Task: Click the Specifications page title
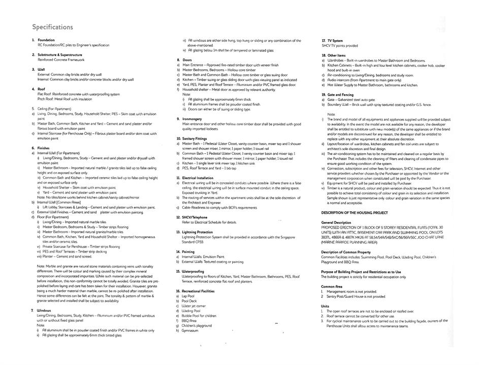coord(52,27)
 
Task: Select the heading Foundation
coord(46,40)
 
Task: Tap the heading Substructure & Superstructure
coord(60,54)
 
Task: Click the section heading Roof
coord(42,89)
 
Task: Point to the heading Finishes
coord(44,148)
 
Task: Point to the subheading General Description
coord(336,222)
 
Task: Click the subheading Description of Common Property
coord(346,251)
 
